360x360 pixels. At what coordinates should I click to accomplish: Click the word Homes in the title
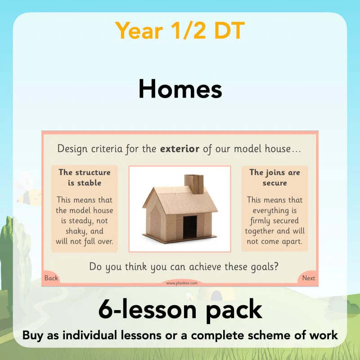coord(180,89)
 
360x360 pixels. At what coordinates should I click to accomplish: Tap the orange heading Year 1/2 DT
coord(180,31)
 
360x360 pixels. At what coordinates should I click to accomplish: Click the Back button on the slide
coord(51,278)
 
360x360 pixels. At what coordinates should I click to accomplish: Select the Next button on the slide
coord(309,278)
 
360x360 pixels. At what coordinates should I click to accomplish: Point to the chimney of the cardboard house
coord(194,184)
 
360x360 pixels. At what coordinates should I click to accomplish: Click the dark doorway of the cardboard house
coord(190,227)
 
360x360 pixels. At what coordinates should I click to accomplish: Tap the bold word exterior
coord(180,149)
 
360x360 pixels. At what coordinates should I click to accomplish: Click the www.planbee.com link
coord(182,283)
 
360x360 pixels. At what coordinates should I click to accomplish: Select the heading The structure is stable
coord(85,177)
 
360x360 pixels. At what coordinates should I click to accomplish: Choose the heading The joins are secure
coord(274,177)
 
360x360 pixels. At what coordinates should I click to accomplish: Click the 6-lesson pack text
coord(180,310)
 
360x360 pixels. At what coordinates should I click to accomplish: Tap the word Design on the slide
coord(72,149)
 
